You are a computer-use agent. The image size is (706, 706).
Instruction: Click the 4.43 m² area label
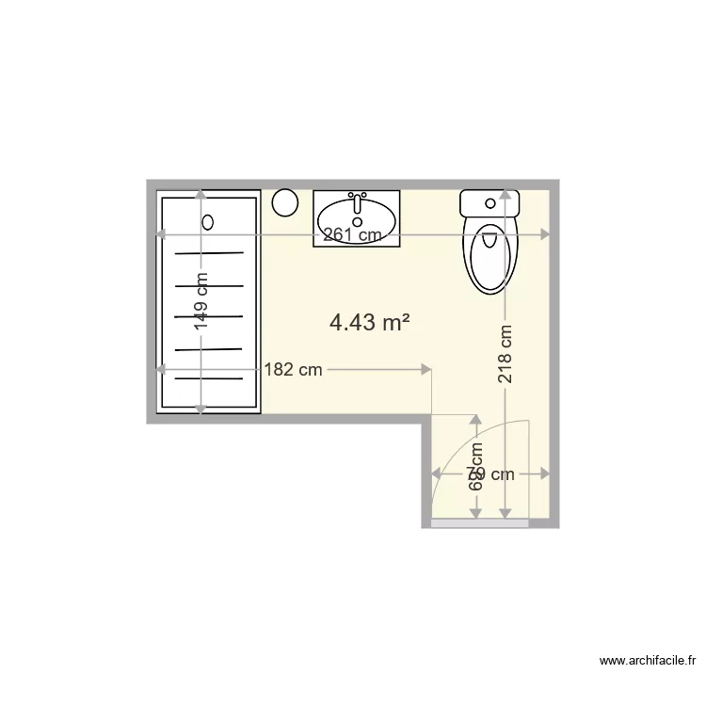pyautogui.click(x=369, y=323)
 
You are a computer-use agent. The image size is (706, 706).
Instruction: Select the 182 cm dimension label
pyautogui.click(x=293, y=370)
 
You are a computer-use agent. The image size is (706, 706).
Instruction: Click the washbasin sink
pyautogui.click(x=357, y=217)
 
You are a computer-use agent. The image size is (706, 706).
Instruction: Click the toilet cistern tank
pyautogui.click(x=489, y=203)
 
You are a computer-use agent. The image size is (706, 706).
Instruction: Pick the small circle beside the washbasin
pyautogui.click(x=285, y=201)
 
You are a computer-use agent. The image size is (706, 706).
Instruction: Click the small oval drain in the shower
pyautogui.click(x=209, y=223)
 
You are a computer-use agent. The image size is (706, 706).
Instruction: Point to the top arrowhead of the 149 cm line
pyautogui.click(x=201, y=194)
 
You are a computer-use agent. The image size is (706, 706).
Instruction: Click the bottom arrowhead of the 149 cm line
pyautogui.click(x=201, y=408)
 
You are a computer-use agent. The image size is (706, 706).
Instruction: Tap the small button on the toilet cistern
pyautogui.click(x=489, y=201)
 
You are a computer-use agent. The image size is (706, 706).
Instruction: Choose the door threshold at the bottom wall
pyautogui.click(x=479, y=522)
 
